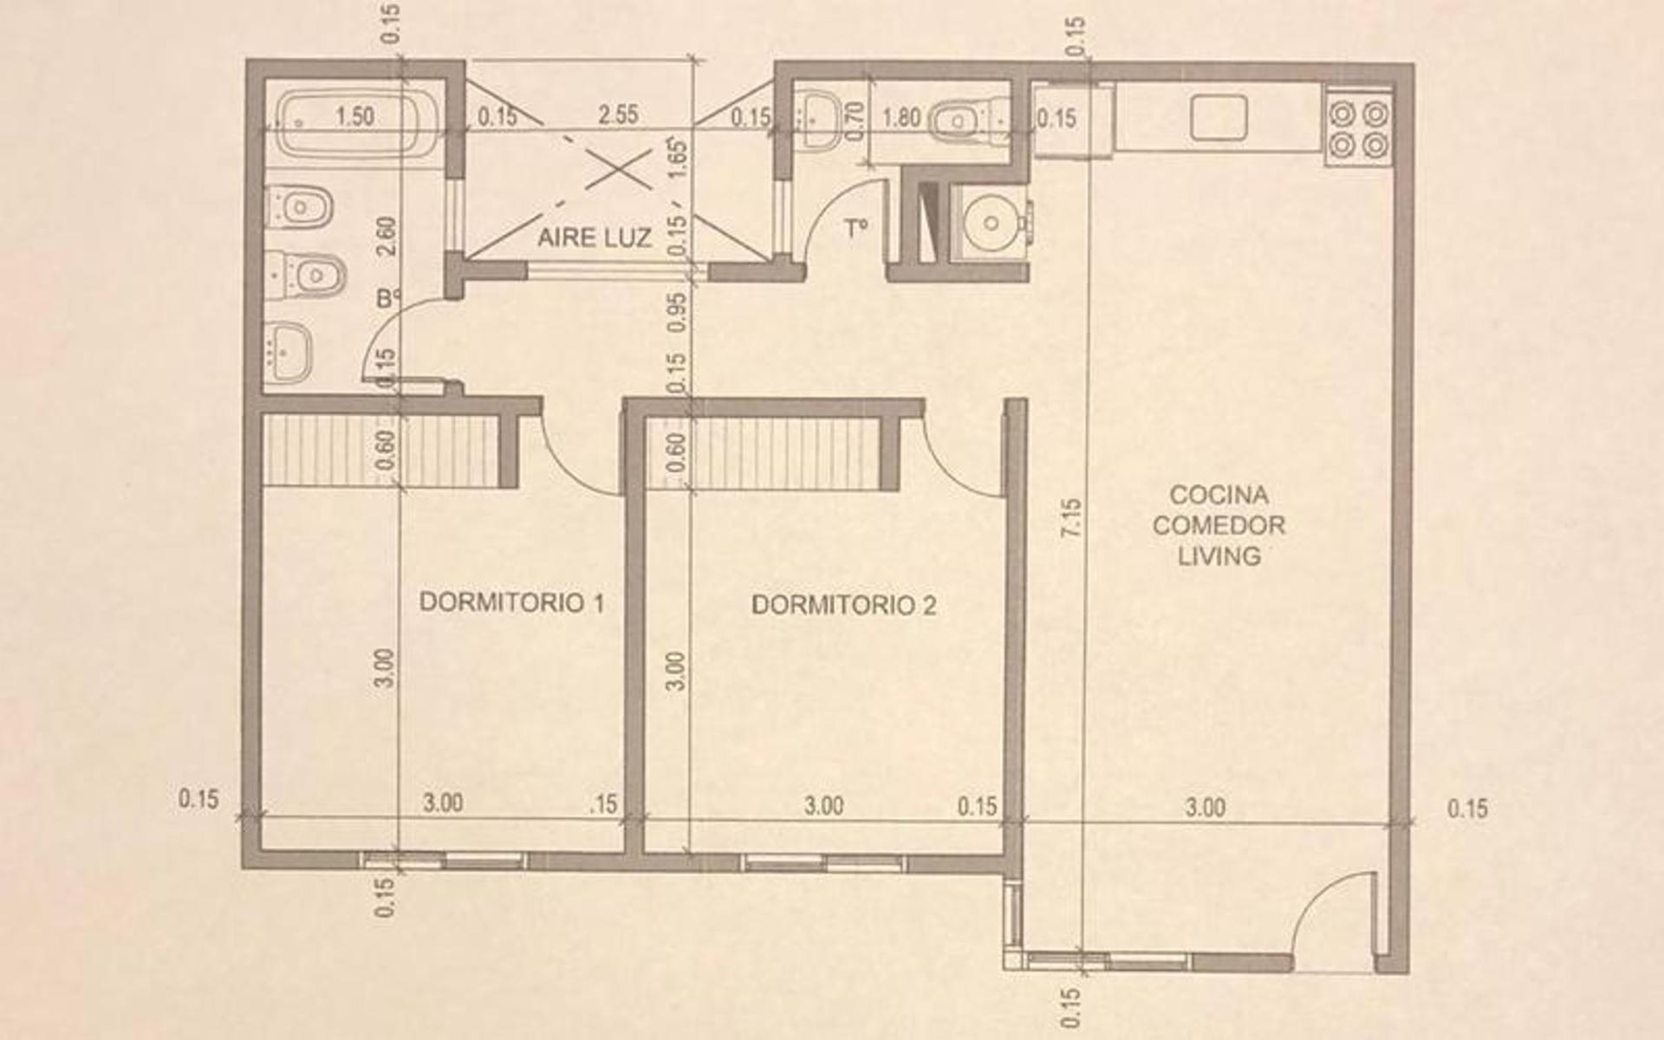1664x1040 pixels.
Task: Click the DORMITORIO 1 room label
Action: point(511,602)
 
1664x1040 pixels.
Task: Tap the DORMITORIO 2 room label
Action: point(843,605)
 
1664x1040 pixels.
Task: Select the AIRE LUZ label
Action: point(595,237)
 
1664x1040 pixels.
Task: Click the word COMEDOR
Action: point(1219,525)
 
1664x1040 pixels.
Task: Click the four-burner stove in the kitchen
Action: point(1358,129)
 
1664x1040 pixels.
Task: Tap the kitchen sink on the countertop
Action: point(1219,118)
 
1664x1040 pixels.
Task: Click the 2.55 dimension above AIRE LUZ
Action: point(618,114)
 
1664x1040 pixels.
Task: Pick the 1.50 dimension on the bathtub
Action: point(354,116)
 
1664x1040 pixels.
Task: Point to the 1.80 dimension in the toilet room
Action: point(901,117)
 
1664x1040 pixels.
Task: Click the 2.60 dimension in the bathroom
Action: point(387,235)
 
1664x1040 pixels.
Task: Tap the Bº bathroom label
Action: point(389,300)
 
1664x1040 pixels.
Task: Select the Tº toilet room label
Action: point(856,229)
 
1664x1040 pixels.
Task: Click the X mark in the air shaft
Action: point(619,170)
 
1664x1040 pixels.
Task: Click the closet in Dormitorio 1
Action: point(381,450)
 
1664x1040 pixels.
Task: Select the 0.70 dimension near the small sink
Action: point(854,119)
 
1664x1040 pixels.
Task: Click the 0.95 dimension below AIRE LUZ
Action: point(679,311)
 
